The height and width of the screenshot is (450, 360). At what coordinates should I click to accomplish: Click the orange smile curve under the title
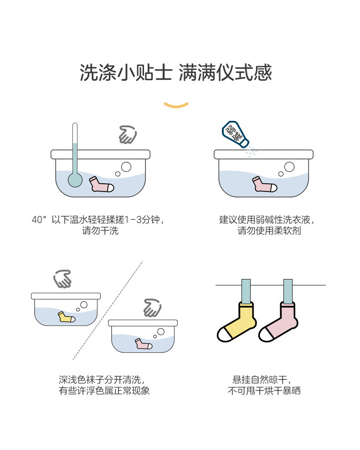176,105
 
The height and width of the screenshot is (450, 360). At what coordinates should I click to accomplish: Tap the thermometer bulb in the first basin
75,180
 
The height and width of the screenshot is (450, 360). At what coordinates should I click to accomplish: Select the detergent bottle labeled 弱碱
235,134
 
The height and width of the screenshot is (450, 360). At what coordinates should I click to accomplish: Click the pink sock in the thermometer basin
101,185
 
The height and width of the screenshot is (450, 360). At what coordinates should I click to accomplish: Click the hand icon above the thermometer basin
127,135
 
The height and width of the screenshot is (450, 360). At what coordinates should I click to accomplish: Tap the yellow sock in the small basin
66,317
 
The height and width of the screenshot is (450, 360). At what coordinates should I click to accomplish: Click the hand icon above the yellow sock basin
62,279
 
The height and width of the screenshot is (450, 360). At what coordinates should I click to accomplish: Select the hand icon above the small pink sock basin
152,308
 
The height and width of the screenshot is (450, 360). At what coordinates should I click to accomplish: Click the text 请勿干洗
100,231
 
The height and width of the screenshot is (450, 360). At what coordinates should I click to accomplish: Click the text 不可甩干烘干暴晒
264,391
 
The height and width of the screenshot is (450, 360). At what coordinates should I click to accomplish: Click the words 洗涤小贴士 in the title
126,73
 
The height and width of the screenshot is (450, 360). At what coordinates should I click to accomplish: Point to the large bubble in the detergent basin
289,167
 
